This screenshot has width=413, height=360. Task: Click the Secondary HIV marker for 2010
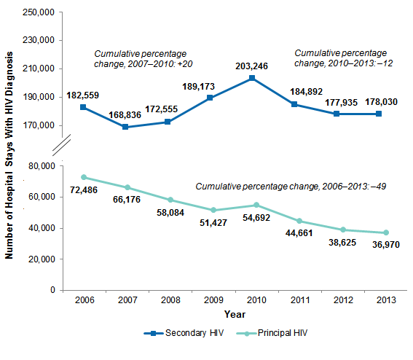(x=251, y=78)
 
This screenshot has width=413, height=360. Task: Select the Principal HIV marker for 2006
(x=84, y=177)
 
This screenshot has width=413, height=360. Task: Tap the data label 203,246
(x=251, y=66)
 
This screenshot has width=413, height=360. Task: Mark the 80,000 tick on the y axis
(x=42, y=166)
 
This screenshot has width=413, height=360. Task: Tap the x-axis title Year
(x=235, y=315)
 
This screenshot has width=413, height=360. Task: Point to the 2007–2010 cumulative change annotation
(x=140, y=58)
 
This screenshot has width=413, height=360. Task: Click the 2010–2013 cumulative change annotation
(x=341, y=58)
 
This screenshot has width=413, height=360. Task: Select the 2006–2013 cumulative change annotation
(x=291, y=187)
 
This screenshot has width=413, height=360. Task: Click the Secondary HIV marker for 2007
(x=126, y=127)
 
